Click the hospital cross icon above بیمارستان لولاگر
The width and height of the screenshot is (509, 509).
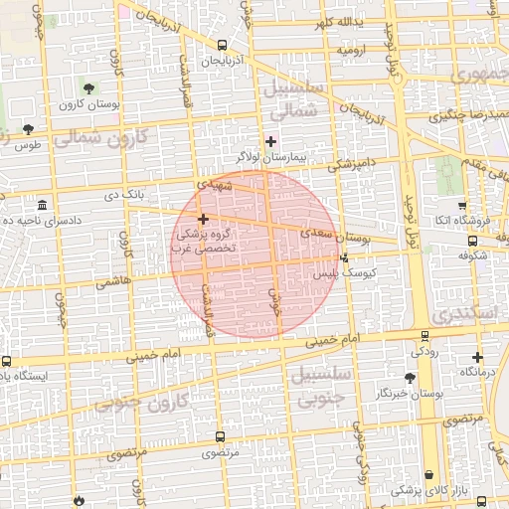point(270,142)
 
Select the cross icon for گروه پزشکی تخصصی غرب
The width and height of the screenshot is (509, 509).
point(203,219)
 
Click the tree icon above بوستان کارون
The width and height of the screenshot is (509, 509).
point(88,89)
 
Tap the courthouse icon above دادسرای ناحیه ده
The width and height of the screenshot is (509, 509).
point(42,204)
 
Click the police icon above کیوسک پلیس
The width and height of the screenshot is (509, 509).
point(344,257)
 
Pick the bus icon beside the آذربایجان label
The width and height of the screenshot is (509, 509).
point(222,45)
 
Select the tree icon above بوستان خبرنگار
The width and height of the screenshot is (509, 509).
point(410,378)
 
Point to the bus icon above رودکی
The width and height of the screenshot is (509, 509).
point(425,336)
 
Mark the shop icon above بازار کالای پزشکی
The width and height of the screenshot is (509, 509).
point(428,475)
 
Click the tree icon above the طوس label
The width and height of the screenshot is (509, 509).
point(28,129)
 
